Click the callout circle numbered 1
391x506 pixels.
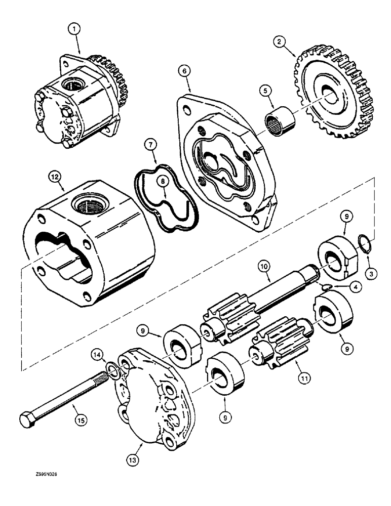pos(75,30)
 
